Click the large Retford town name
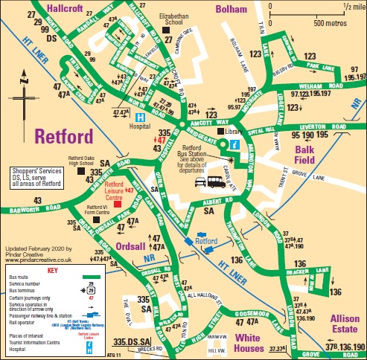pos(63,137)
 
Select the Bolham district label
pos(232,8)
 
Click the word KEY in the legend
pos(53,271)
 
